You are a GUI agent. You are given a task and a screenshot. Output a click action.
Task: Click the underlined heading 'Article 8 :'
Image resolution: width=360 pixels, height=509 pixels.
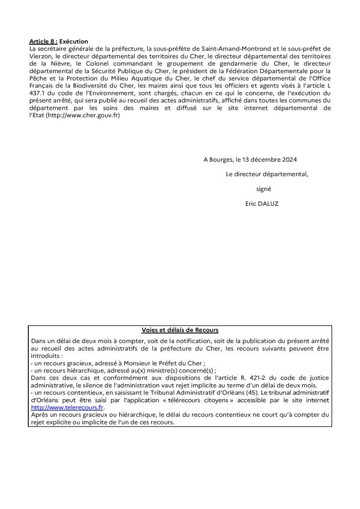(x=43, y=41)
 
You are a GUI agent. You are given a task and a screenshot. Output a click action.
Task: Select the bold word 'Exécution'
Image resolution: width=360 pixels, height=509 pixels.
(x=74, y=41)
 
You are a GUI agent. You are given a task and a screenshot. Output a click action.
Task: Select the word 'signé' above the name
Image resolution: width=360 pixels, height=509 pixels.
(x=264, y=189)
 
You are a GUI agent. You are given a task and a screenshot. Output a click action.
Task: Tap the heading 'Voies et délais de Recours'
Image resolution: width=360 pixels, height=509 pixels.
(x=180, y=330)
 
